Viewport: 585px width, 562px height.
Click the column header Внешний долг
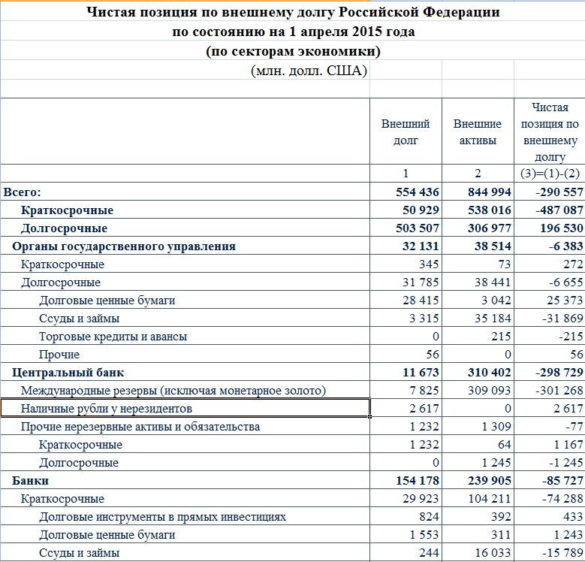click(406, 132)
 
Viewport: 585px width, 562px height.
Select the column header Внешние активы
click(478, 132)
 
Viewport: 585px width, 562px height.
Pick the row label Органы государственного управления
click(124, 246)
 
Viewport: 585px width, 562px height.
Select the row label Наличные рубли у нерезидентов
click(107, 409)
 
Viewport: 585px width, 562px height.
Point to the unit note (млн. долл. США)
click(308, 71)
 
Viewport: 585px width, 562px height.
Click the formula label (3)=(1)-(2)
click(551, 174)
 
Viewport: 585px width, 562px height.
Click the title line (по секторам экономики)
click(293, 52)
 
